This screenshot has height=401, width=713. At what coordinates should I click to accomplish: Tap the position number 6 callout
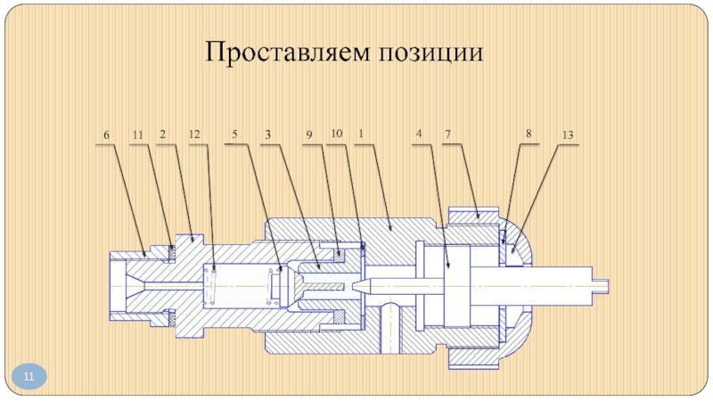coord(106,135)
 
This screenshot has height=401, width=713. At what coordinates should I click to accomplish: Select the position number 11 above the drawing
coord(137,135)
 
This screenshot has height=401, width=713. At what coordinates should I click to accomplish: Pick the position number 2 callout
coord(163,135)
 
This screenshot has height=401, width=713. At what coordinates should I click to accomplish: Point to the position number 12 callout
coord(194,135)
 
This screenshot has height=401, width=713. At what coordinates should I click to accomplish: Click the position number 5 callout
coord(234,135)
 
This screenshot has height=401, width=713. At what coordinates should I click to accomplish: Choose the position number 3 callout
coord(266,135)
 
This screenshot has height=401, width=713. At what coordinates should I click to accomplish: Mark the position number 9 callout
coord(309,135)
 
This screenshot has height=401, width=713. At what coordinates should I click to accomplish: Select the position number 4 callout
coord(418,135)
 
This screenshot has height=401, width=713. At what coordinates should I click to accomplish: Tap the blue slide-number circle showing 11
coord(29,378)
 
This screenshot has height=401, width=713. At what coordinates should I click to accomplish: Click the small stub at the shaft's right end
coord(604,284)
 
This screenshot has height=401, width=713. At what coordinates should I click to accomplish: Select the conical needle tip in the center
coord(363,284)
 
